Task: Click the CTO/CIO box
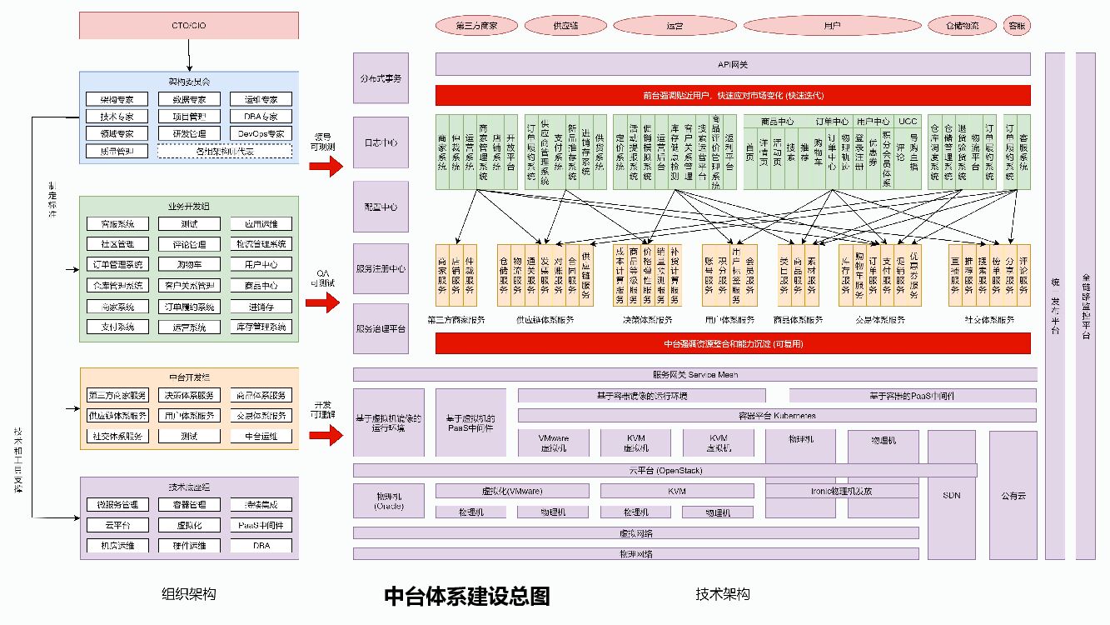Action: point(189,25)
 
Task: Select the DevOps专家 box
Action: point(261,133)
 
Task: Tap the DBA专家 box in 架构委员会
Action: point(261,116)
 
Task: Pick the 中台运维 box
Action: point(261,435)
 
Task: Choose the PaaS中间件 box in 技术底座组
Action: point(261,525)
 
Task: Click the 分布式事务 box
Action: point(381,77)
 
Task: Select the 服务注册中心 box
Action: point(381,268)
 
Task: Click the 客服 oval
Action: point(1017,26)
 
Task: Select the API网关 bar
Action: point(733,64)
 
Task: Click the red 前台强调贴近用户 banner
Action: point(733,94)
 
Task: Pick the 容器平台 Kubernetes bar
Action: point(777,415)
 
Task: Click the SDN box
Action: point(952,495)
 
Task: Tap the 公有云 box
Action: point(1013,495)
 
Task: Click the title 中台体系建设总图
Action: point(466,596)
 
